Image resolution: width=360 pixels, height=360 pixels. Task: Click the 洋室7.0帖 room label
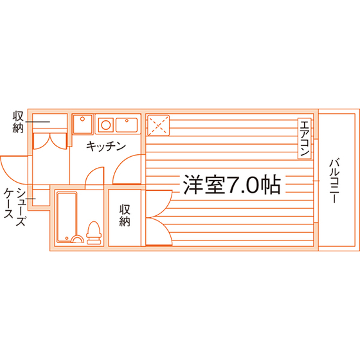[231, 184]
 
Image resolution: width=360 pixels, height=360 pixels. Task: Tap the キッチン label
[106, 146]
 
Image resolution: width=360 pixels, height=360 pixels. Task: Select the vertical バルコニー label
[334, 181]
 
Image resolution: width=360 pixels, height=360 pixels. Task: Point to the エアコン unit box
[305, 138]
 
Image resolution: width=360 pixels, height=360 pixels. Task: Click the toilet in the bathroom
[94, 232]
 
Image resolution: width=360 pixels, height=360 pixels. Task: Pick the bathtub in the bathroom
[67, 217]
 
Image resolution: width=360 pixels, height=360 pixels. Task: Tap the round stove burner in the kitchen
[106, 125]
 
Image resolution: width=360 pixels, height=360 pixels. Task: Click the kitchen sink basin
[127, 125]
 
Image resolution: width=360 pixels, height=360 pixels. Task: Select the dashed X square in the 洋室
[158, 125]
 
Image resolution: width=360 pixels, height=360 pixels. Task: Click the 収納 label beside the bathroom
[125, 215]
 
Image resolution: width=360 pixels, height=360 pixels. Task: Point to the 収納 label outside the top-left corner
[18, 122]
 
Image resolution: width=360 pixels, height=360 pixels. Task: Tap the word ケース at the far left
[8, 203]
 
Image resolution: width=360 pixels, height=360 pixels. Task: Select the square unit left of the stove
[82, 124]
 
